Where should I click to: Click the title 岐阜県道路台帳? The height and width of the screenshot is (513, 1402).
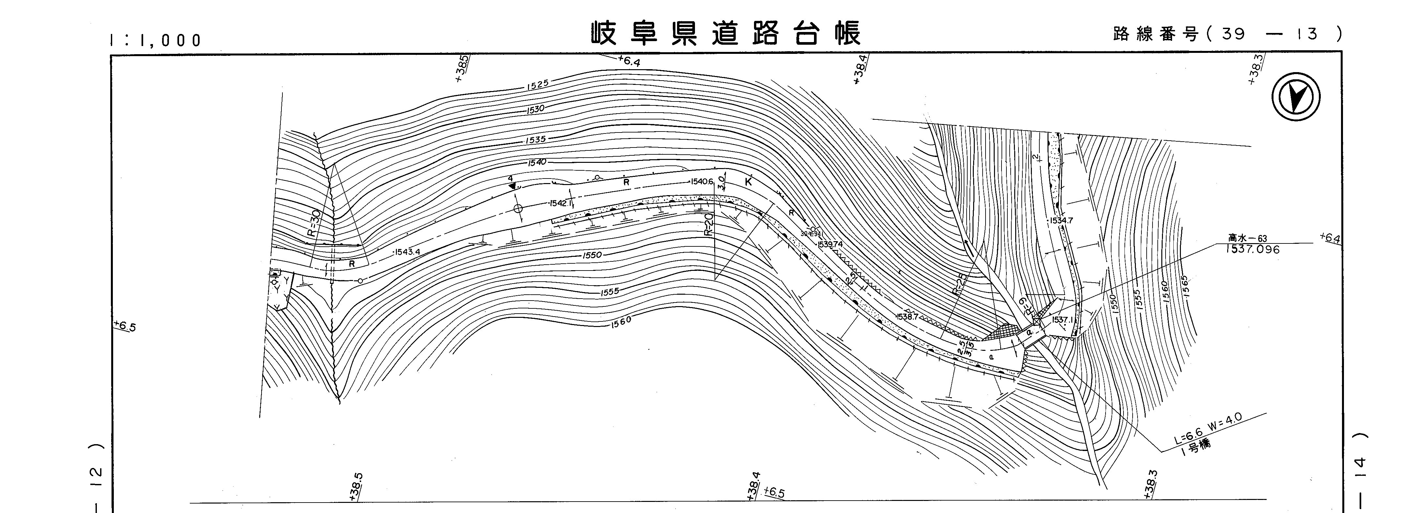726,34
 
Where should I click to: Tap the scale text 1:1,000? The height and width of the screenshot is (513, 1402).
156,40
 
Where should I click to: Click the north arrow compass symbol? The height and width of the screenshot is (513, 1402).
1296,98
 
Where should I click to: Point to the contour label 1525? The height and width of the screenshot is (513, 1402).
538,85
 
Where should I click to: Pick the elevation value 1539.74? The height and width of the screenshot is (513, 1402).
830,244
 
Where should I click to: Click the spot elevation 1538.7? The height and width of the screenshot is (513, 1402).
907,317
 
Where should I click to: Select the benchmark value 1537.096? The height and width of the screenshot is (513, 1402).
1252,249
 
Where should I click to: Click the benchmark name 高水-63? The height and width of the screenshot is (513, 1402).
1247,238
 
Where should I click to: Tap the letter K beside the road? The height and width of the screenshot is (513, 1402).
748,182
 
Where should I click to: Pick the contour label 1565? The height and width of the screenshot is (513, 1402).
1185,286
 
